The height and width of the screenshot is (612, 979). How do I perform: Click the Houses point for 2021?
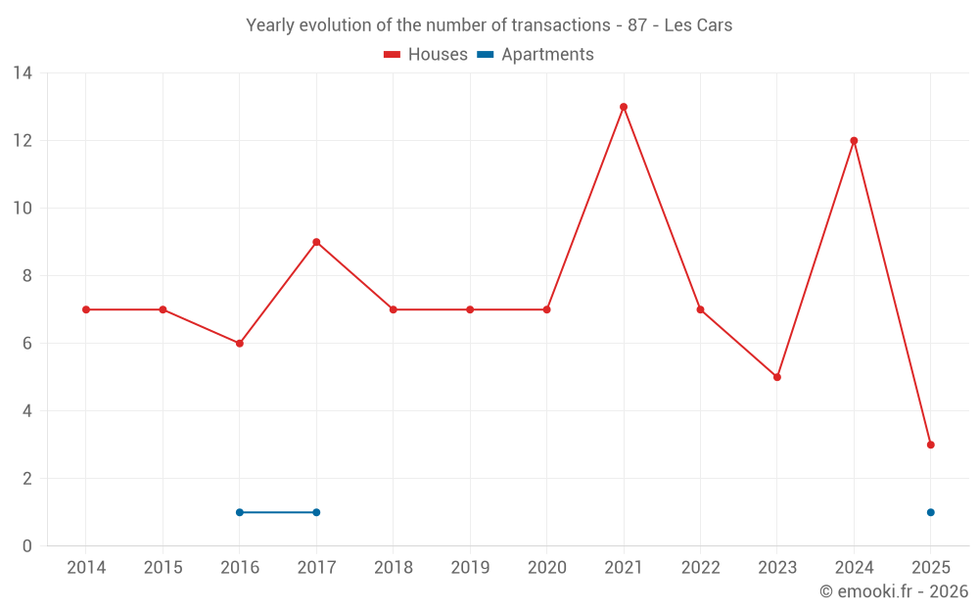coord(624,107)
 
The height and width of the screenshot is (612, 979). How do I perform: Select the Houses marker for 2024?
coord(854,141)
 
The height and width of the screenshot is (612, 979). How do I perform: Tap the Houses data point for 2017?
coord(316,242)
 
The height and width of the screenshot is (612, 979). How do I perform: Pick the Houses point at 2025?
coord(931,445)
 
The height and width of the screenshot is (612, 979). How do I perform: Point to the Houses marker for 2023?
coord(777,377)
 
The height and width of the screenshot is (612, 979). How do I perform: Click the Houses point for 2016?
coord(240,344)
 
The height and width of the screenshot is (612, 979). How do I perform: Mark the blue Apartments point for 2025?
coord(931,512)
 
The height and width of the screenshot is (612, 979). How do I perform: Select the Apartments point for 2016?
coord(240,512)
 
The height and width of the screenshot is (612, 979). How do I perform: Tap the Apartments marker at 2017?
coord(316,512)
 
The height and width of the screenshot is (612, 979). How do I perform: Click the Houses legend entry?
coord(426,55)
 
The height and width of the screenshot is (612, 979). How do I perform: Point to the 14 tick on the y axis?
coord(23,73)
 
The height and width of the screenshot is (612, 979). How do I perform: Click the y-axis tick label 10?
coord(23,209)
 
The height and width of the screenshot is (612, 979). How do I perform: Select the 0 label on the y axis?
coord(27,546)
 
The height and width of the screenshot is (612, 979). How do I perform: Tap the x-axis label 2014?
coord(86,568)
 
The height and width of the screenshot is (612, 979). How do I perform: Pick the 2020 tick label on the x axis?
coord(546,568)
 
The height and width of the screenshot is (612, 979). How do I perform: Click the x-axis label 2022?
coord(700,568)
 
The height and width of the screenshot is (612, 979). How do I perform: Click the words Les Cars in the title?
coord(698,25)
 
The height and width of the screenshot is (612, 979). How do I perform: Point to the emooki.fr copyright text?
coord(894,591)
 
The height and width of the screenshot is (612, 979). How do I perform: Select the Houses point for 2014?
coord(86,309)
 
